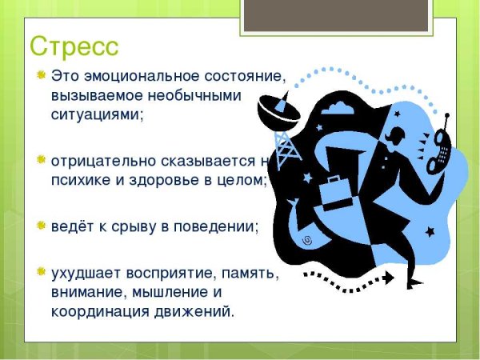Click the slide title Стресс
point(74,46)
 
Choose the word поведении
point(218,226)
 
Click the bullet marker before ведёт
point(40,226)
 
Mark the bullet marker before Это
point(40,77)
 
